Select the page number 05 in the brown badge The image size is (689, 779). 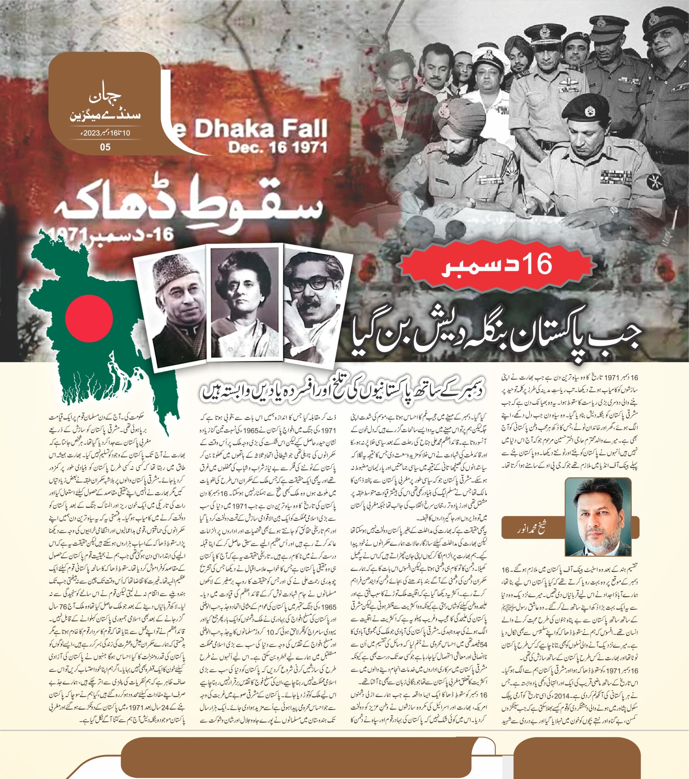tap(105, 147)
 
